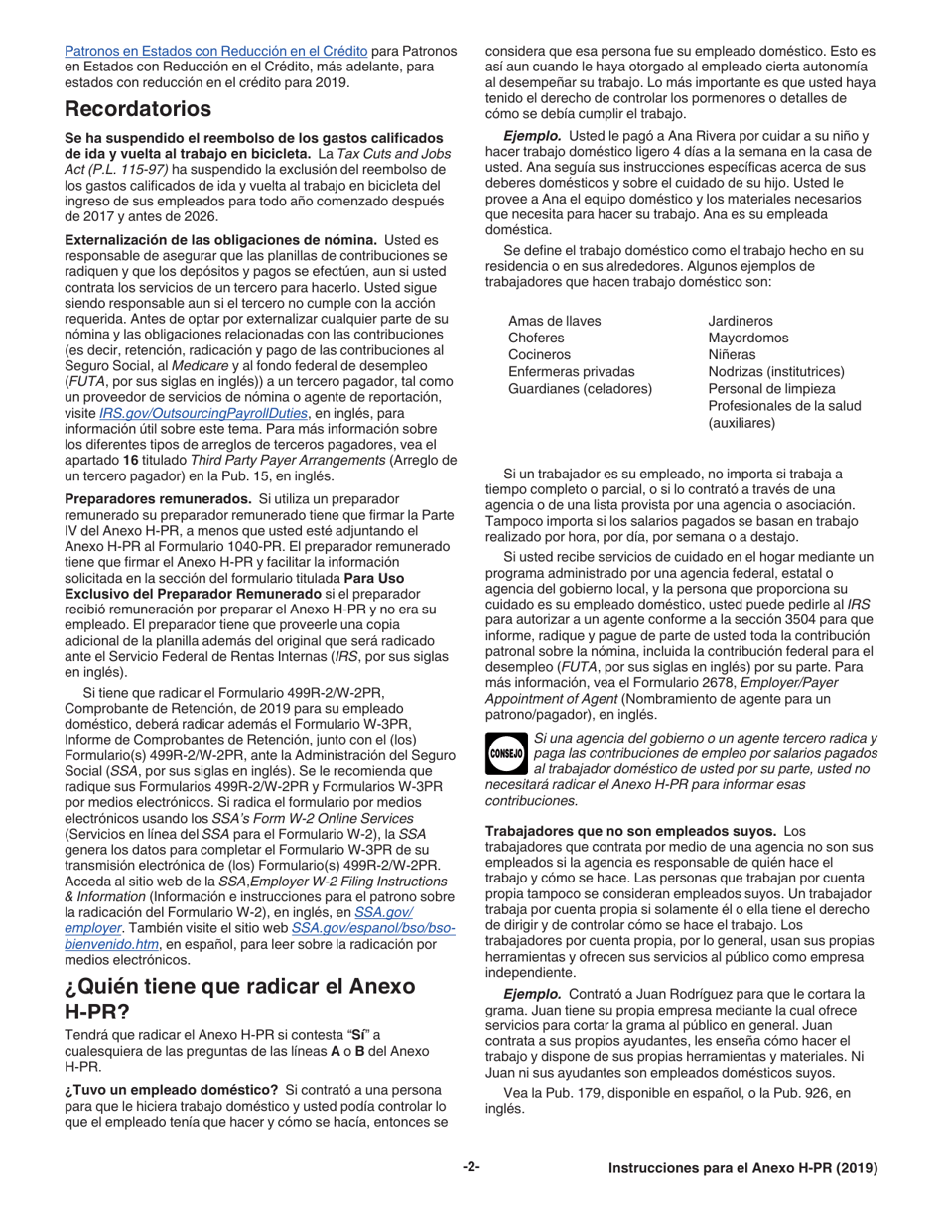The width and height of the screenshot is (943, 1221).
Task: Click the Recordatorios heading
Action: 138,108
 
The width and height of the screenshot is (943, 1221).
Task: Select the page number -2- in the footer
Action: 471,1167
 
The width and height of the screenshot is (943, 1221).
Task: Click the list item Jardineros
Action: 741,321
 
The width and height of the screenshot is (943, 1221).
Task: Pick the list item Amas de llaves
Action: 554,321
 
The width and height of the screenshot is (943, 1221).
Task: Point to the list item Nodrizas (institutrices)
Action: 776,371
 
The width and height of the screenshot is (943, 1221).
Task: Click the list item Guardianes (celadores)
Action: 580,388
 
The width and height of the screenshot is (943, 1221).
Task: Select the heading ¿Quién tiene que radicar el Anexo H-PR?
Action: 239,1000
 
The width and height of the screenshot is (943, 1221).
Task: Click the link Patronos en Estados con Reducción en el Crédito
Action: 215,50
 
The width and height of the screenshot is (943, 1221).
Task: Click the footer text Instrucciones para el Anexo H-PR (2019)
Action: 743,1168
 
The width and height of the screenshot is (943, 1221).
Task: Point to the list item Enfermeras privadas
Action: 571,371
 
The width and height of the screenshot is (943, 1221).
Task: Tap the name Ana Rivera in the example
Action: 681,135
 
